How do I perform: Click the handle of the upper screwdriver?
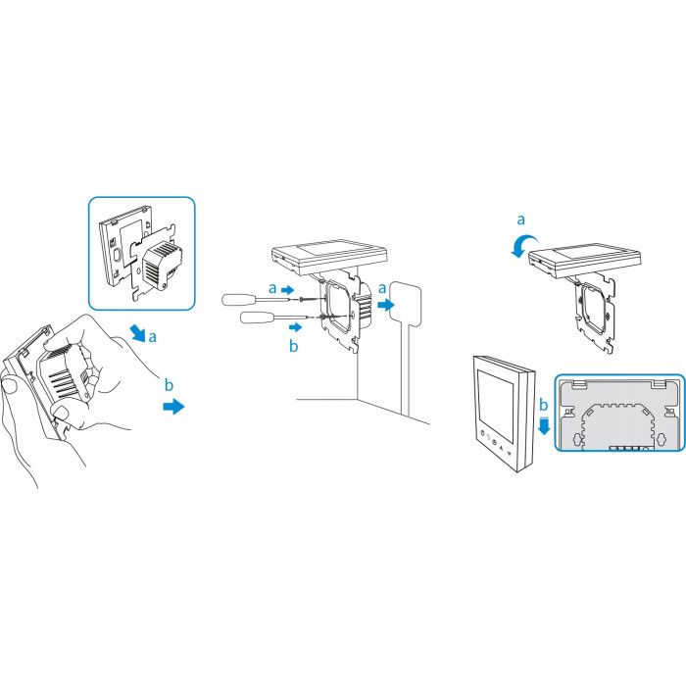pos(239,300)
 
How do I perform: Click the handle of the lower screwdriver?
pos(257,317)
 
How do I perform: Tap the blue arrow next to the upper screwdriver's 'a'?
pos(287,290)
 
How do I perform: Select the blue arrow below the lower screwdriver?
pos(296,326)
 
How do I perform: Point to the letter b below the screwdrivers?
pos(294,346)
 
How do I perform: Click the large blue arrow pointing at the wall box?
pos(386,305)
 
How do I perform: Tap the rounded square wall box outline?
pos(406,303)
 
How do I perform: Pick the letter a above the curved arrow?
pos(520,220)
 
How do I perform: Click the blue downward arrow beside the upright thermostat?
pos(544,425)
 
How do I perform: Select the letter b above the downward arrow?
pos(543,405)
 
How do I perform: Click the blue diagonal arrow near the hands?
pos(139,333)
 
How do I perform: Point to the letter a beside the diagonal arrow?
pos(152,337)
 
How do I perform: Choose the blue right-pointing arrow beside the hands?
pos(173,407)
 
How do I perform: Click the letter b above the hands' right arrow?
pos(169,385)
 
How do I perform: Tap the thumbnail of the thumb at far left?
pos(9,385)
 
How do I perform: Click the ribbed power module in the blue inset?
pos(162,266)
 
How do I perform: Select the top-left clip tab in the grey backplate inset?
pos(579,384)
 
